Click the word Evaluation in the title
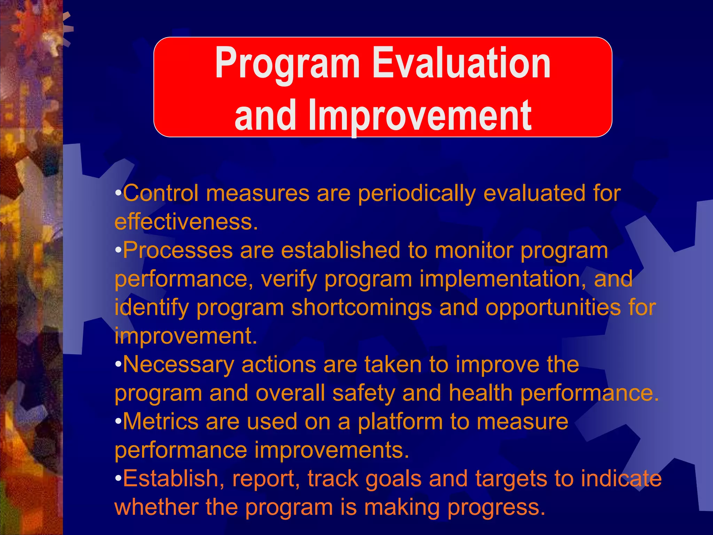[x=462, y=64]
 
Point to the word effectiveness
[x=186, y=222]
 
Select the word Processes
[x=178, y=250]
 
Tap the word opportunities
[x=553, y=308]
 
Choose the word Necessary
[x=178, y=365]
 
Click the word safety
[x=363, y=393]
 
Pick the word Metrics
[x=160, y=421]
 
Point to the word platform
[x=400, y=422]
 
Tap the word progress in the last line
[x=496, y=508]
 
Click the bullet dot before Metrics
[x=118, y=422]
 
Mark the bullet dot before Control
[x=118, y=193]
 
